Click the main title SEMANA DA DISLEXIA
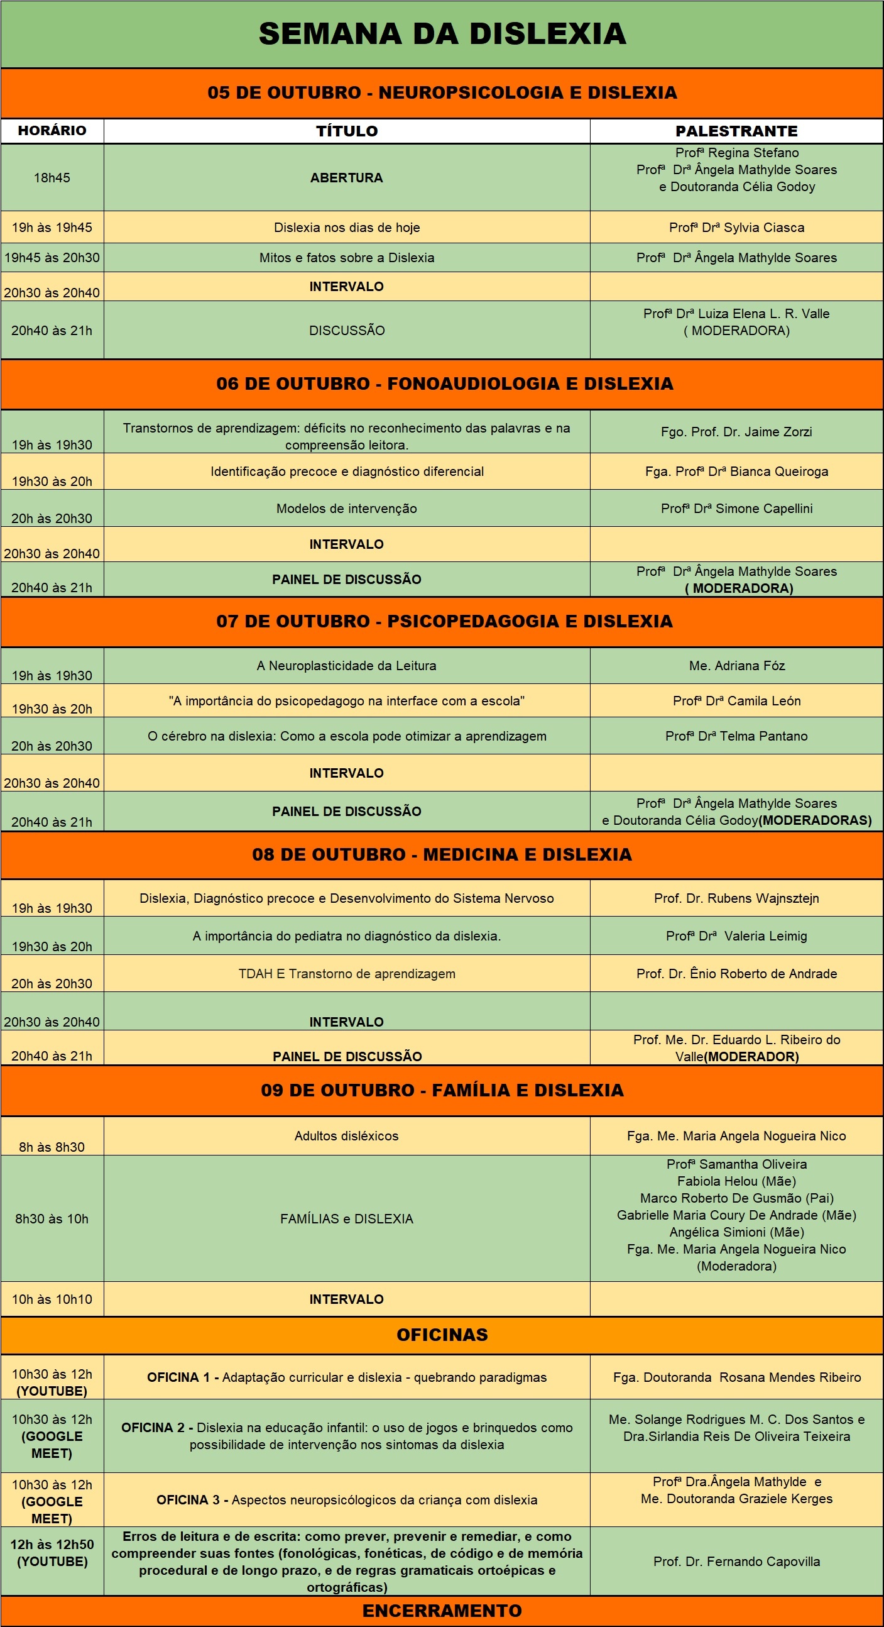click(442, 33)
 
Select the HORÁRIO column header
click(52, 131)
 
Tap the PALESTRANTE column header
click(736, 131)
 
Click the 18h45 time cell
click(52, 177)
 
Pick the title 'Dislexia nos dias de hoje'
click(347, 228)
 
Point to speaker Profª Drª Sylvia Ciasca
click(736, 228)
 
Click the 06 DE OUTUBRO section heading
click(445, 384)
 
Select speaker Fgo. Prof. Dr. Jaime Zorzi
click(736, 432)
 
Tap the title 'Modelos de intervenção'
click(347, 509)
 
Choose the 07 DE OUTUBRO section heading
click(445, 622)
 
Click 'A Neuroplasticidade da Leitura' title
click(347, 666)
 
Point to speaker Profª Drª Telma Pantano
click(736, 736)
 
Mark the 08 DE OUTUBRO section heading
click(442, 854)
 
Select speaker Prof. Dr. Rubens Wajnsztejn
click(736, 898)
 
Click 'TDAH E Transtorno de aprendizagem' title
click(347, 974)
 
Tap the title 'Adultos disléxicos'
click(347, 1135)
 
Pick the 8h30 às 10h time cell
click(52, 1219)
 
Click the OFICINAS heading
click(442, 1335)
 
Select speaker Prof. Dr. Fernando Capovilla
click(736, 1562)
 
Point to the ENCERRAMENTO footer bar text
click(442, 1611)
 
